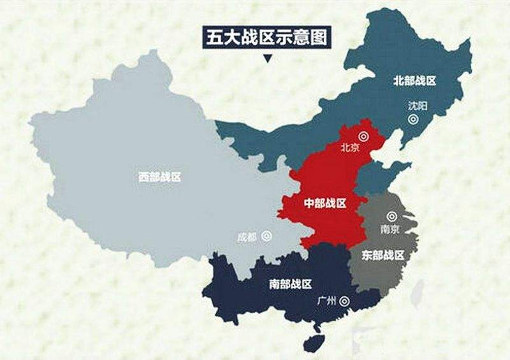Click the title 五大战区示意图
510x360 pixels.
[267, 38]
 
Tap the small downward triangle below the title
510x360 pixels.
[267, 59]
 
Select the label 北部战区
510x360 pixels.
[414, 80]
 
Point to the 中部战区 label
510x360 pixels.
[325, 203]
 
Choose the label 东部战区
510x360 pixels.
[383, 256]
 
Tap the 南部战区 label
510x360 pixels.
[290, 284]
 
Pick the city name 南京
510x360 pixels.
[389, 227]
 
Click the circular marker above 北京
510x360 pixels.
[363, 136]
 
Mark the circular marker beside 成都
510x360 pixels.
[266, 236]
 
